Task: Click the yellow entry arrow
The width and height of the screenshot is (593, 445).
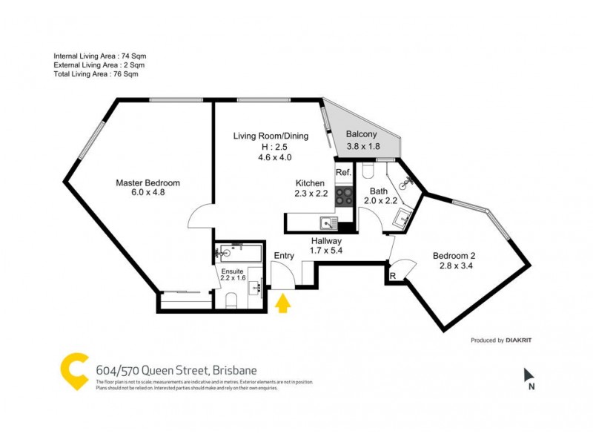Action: pyautogui.click(x=282, y=303)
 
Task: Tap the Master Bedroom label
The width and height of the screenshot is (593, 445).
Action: pyautogui.click(x=148, y=182)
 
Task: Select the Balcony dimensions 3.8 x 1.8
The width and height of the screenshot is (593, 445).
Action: pyautogui.click(x=362, y=146)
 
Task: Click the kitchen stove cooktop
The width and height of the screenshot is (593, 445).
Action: pyautogui.click(x=345, y=195)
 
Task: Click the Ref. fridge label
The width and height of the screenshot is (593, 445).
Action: pyautogui.click(x=342, y=173)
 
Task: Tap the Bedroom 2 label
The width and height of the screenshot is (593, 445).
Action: pyautogui.click(x=454, y=257)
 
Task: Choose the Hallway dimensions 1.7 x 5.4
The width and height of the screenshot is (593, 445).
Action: pyautogui.click(x=325, y=251)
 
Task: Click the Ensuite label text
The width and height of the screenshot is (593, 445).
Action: pyautogui.click(x=233, y=271)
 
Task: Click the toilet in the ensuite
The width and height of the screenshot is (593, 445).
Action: pyautogui.click(x=231, y=299)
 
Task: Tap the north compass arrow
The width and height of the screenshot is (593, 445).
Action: pyautogui.click(x=528, y=375)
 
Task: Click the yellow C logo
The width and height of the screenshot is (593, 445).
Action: pyautogui.click(x=74, y=372)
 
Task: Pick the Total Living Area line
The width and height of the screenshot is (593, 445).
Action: pyautogui.click(x=96, y=74)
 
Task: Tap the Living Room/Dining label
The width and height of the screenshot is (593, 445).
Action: pyautogui.click(x=271, y=136)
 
